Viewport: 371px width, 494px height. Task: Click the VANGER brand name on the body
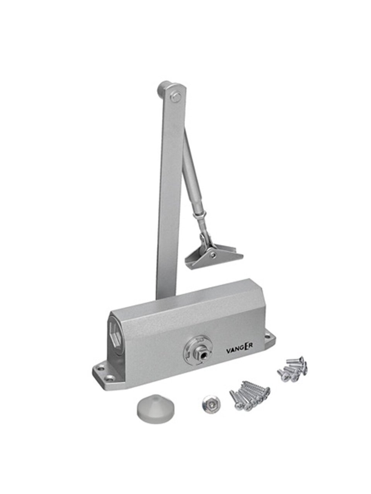coord(239,350)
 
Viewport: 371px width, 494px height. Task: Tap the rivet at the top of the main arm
coord(176,97)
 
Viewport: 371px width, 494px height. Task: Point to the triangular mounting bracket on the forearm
coord(214,253)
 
